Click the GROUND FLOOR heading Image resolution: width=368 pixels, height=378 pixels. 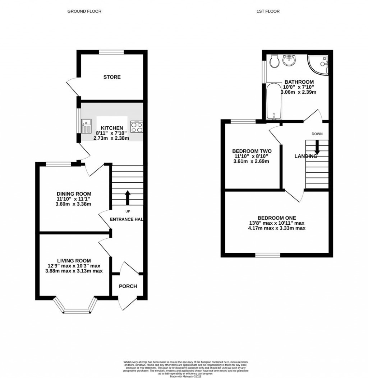tap(84, 11)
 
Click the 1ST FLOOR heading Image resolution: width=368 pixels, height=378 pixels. tap(268, 11)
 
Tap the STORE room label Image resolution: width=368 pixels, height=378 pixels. tap(112, 77)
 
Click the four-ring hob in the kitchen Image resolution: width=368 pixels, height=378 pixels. tap(137, 126)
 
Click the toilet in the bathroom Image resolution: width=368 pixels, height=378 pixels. tap(275, 61)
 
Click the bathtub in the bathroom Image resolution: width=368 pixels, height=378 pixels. tap(274, 102)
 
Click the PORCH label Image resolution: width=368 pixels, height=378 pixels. tap(128, 286)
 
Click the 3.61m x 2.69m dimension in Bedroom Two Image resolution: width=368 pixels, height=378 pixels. tap(252, 161)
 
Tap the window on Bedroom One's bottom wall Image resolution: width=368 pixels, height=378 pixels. tap(268, 255)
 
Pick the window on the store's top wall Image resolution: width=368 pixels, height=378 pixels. tap(111, 52)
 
